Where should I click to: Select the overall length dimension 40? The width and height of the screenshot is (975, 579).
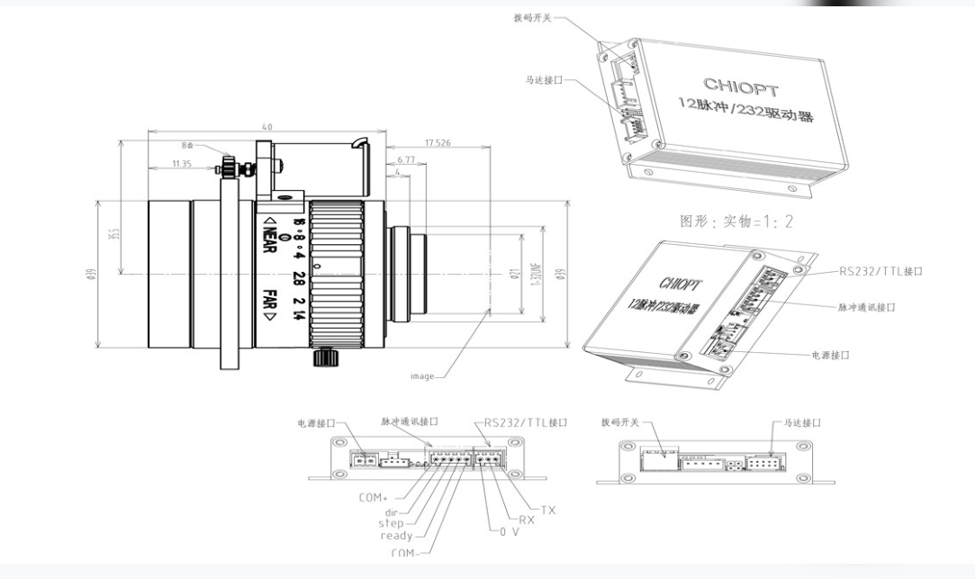tap(266, 127)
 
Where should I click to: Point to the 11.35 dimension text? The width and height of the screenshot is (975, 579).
tap(182, 164)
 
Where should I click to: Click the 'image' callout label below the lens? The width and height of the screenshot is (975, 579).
tap(422, 375)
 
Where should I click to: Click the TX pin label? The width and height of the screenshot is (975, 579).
tap(548, 510)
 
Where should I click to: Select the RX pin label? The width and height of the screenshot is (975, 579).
tap(528, 520)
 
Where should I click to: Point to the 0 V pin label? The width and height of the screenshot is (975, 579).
tap(509, 531)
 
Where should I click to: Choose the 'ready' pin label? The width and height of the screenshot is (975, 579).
tap(396, 536)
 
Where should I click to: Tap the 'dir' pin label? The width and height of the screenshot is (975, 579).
tap(392, 511)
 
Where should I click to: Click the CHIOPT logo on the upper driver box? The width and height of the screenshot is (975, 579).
tap(735, 86)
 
